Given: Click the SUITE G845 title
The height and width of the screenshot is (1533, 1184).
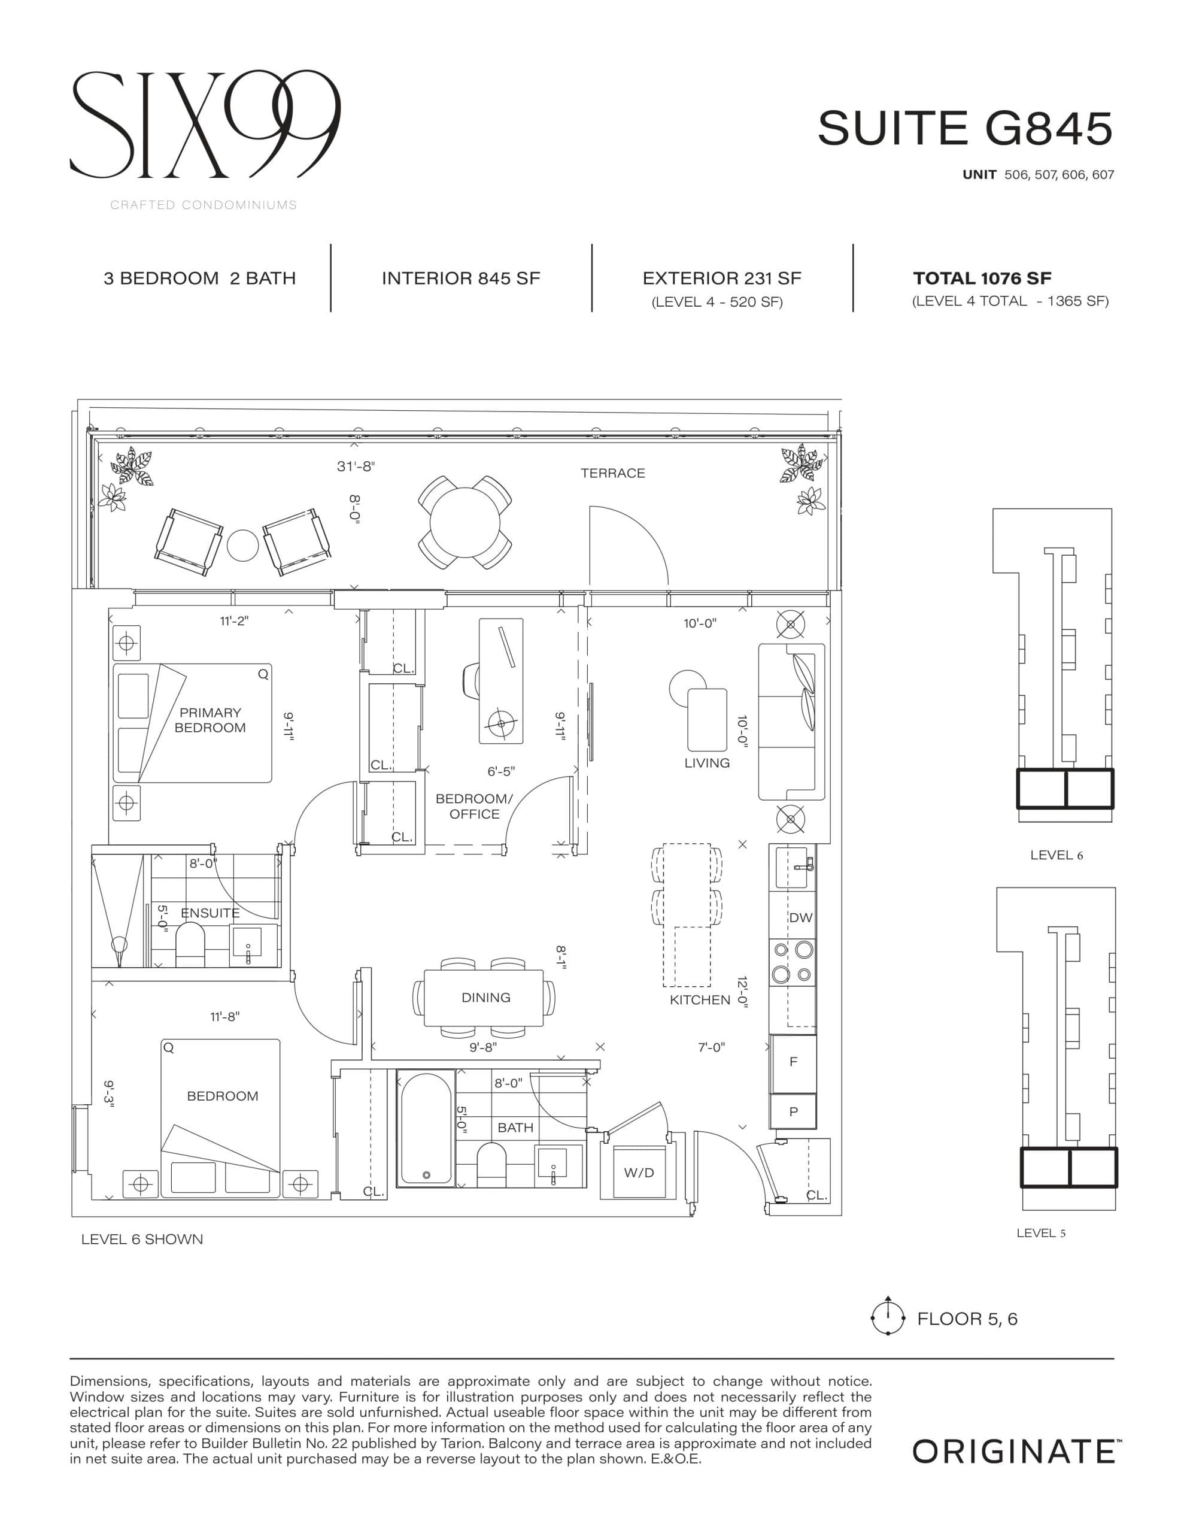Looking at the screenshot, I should [x=964, y=129].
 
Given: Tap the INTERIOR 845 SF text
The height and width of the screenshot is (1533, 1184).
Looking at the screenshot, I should [x=460, y=278].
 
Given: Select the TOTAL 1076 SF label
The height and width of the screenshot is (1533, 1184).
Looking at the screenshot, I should [x=981, y=278].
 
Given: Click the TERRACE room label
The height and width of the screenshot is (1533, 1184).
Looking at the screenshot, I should [x=612, y=473].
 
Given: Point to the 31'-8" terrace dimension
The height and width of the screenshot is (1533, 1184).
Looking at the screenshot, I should [x=356, y=466].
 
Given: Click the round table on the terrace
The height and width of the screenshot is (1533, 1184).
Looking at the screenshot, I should [x=465, y=523].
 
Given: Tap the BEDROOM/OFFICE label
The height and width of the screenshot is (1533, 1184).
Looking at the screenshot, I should [x=475, y=807].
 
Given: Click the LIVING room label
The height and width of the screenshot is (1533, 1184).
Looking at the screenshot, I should [x=707, y=763].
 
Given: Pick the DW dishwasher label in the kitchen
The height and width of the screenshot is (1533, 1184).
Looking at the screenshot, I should [x=800, y=917].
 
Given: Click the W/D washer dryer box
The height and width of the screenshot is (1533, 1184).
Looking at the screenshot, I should [x=639, y=1173].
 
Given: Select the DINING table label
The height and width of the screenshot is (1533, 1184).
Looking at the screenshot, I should [x=485, y=998].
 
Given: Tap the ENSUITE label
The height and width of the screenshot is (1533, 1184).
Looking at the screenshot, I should [x=210, y=913].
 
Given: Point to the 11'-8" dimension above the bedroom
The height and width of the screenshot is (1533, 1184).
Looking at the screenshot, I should [x=224, y=1016].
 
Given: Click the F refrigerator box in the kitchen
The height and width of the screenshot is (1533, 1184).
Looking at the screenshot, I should [x=793, y=1062].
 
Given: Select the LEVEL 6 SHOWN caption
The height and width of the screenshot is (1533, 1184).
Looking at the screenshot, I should [x=142, y=1240].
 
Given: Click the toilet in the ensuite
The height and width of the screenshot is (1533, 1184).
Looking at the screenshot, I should [x=190, y=945].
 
